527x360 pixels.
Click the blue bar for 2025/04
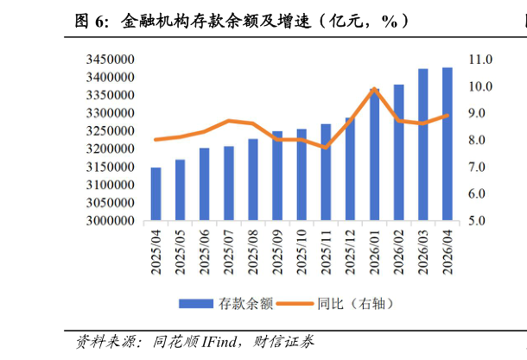[156, 193]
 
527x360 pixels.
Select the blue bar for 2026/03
[422, 145]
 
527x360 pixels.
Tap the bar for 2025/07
[229, 183]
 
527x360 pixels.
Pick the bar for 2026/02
[398, 153]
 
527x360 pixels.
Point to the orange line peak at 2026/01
[374, 89]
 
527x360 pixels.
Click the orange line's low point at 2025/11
[326, 147]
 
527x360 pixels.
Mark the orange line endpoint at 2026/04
[447, 116]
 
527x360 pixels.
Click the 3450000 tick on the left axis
[111, 60]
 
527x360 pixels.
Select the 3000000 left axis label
[111, 221]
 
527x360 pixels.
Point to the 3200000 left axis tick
[111, 148]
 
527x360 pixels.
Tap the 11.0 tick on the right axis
[480, 60]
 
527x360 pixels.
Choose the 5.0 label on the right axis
[477, 221]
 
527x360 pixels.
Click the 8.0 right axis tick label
[477, 140]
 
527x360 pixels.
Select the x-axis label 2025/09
[277, 252]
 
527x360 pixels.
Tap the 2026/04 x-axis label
[448, 252]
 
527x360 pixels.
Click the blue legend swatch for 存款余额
[196, 304]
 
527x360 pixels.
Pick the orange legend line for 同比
[295, 304]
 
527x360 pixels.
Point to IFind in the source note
[219, 342]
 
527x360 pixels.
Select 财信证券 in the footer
[283, 342]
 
